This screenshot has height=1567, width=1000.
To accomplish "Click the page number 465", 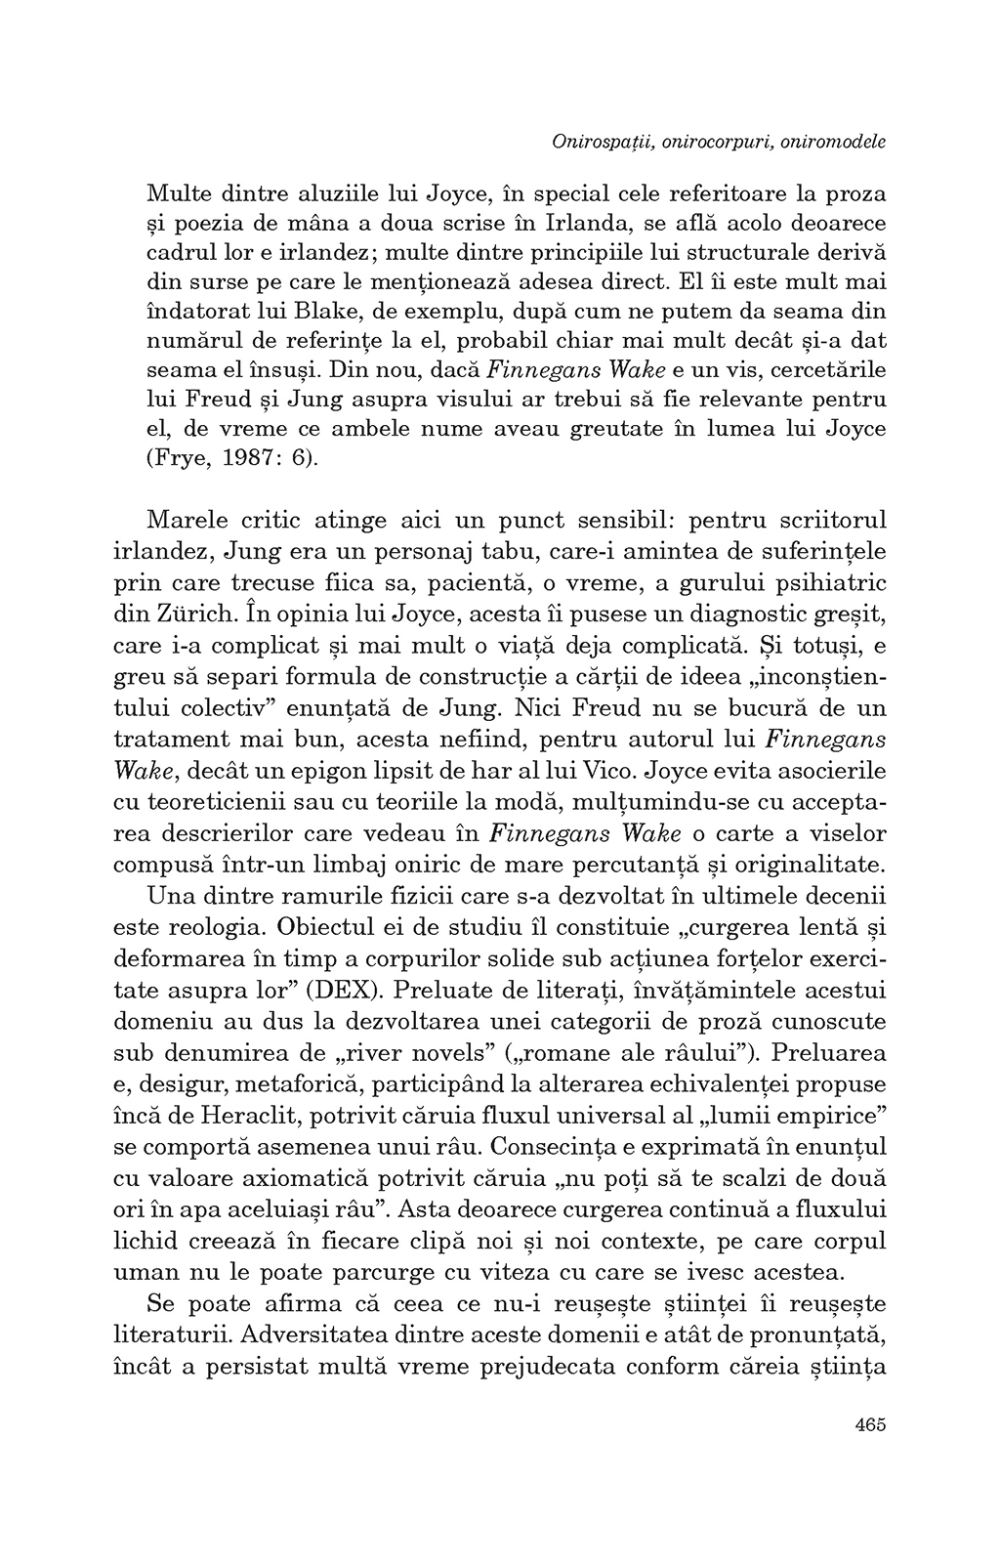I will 868,1423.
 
